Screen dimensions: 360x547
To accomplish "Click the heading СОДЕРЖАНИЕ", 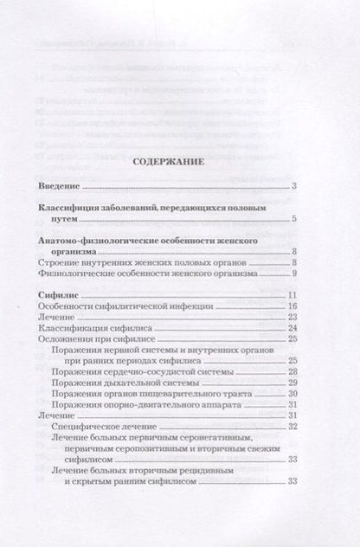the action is point(180,161).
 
